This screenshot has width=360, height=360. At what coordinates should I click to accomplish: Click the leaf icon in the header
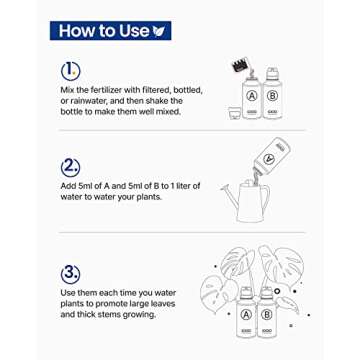click(x=159, y=31)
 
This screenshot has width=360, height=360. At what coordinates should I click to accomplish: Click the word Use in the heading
click(x=135, y=31)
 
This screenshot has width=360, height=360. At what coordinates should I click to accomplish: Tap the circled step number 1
click(x=71, y=71)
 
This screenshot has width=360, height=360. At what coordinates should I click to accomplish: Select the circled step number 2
click(x=71, y=167)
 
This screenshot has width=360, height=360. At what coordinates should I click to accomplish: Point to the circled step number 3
click(x=71, y=274)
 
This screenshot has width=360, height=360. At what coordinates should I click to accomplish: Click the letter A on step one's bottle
click(x=252, y=96)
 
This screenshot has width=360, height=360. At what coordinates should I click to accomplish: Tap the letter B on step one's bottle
click(x=272, y=96)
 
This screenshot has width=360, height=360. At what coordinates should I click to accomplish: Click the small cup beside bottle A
click(x=234, y=113)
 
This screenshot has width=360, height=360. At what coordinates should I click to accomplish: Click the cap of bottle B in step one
click(x=272, y=72)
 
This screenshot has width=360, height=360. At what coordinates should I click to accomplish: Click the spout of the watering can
click(x=231, y=196)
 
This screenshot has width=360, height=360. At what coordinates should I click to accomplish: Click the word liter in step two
click(x=192, y=186)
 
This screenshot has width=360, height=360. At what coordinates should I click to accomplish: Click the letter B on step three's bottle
click(x=267, y=315)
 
